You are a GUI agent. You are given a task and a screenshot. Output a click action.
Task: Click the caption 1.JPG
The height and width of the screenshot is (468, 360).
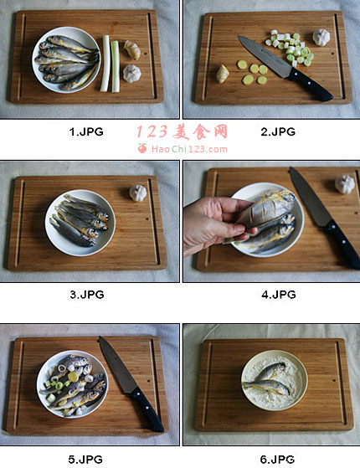pyautogui.click(x=86, y=131)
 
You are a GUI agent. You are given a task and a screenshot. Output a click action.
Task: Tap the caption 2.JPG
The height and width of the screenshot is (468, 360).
pyautogui.click(x=278, y=131)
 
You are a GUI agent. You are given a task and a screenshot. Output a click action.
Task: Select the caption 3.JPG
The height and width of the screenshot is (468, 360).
pyautogui.click(x=87, y=295)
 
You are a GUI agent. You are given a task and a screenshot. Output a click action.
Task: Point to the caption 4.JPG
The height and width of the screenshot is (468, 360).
pyautogui.click(x=279, y=295)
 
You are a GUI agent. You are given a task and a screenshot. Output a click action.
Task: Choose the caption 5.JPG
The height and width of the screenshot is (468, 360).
pyautogui.click(x=85, y=460)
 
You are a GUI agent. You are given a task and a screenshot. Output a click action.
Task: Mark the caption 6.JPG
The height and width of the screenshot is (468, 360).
pyautogui.click(x=277, y=460)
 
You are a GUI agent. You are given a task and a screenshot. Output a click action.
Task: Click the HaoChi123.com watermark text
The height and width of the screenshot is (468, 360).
pyautogui.click(x=189, y=149)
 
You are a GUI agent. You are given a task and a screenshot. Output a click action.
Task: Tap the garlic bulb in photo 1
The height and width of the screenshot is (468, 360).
pyautogui.click(x=132, y=74)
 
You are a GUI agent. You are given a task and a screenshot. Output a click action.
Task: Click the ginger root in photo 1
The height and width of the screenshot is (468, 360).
pyautogui.click(x=132, y=50)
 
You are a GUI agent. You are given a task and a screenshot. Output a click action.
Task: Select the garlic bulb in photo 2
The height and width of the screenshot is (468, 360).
pyautogui.click(x=321, y=38)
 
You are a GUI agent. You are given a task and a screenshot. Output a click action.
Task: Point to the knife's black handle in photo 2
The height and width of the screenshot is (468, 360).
pyautogui.click(x=311, y=85)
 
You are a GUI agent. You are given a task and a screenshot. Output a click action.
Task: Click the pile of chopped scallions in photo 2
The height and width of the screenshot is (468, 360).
pyautogui.click(x=291, y=48)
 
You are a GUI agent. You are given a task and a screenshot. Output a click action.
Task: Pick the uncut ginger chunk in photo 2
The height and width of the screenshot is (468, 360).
pyautogui.click(x=223, y=74)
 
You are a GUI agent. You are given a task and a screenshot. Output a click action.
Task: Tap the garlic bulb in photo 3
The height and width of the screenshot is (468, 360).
pyautogui.click(x=138, y=193)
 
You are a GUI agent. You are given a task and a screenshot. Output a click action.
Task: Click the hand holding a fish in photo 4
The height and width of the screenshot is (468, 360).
pyautogui.click(x=216, y=224)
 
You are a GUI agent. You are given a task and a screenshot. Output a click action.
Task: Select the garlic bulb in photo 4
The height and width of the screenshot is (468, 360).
pyautogui.click(x=345, y=184)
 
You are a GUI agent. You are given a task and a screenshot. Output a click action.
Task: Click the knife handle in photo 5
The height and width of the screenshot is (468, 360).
pyautogui.click(x=147, y=409)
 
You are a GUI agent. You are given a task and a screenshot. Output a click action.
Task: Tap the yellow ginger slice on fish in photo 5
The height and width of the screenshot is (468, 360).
pyautogui.click(x=73, y=377)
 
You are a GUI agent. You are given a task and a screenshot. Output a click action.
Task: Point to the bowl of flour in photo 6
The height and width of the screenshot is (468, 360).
pyautogui.click(x=275, y=381)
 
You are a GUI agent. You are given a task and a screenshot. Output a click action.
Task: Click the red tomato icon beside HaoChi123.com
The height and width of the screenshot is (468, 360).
pyautogui.click(x=142, y=148)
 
